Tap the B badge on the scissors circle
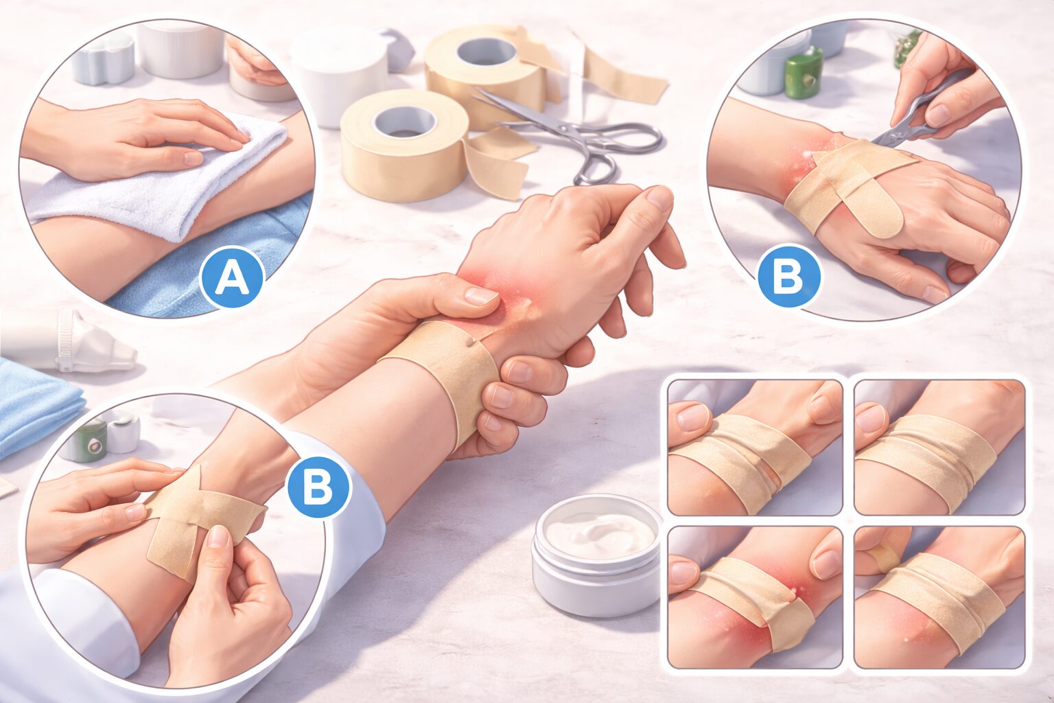(x=790, y=276)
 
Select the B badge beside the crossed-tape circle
(x=318, y=487)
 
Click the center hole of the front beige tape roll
(x=404, y=122)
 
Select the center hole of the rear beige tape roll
(x=487, y=51)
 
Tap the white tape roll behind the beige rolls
(x=339, y=76)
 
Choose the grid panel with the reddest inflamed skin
(x=755, y=598)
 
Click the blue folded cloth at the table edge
(x=38, y=405)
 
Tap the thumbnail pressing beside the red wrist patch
(x=481, y=295)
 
